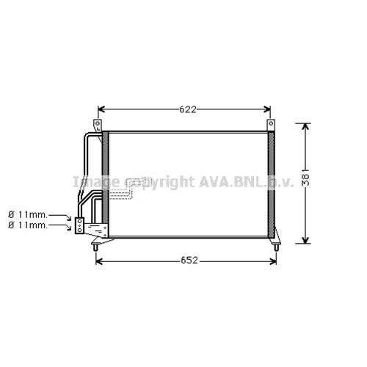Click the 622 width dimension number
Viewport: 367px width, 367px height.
pos(188,109)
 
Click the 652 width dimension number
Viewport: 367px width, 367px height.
pos(189,261)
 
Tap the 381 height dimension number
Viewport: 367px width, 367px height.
pos(305,180)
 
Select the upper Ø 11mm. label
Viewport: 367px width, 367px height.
pos(27,215)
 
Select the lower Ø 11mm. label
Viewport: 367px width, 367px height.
pos(27,225)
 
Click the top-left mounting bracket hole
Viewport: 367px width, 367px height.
pos(98,123)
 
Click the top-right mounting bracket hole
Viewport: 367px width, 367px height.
pos(271,123)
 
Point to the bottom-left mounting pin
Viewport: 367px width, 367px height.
pos(95,247)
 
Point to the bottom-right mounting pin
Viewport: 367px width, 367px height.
pos(277,247)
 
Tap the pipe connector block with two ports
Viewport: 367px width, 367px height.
pos(79,225)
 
